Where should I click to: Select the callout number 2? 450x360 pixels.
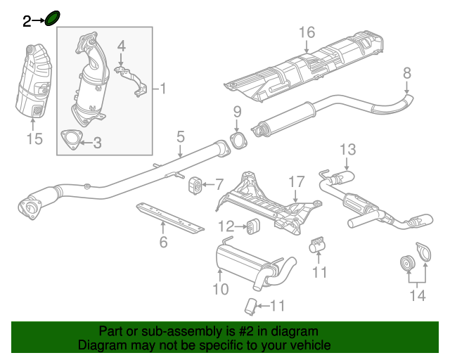point(27,22)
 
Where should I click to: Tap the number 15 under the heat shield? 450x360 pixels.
point(34,139)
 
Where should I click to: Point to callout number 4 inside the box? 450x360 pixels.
point(121,47)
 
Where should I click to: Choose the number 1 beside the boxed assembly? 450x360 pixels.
point(162,89)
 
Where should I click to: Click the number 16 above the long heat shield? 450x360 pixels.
point(307,32)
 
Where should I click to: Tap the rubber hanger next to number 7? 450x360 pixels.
point(195,186)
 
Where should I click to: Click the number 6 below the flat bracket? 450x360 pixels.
point(163,243)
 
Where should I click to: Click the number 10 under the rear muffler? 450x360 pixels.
point(220,288)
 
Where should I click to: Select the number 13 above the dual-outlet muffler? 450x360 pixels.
point(349,149)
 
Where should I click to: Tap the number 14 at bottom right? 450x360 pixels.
point(418,296)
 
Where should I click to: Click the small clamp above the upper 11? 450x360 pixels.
point(317,244)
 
